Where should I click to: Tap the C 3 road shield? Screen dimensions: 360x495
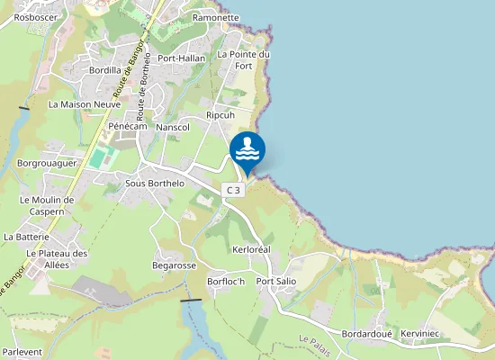(234, 190)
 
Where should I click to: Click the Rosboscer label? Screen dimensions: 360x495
(36, 17)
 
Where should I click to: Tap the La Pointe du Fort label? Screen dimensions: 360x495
(244, 59)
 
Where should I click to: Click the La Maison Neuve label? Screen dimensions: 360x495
(85, 104)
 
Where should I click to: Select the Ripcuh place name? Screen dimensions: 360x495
(220, 115)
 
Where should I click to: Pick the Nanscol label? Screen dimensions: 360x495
(173, 128)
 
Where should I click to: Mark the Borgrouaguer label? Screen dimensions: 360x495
(46, 164)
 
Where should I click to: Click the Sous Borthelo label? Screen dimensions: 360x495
(155, 184)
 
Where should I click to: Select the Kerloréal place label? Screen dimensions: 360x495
(251, 247)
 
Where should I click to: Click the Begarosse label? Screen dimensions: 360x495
(175, 265)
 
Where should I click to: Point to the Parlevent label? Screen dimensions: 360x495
(22, 353)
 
